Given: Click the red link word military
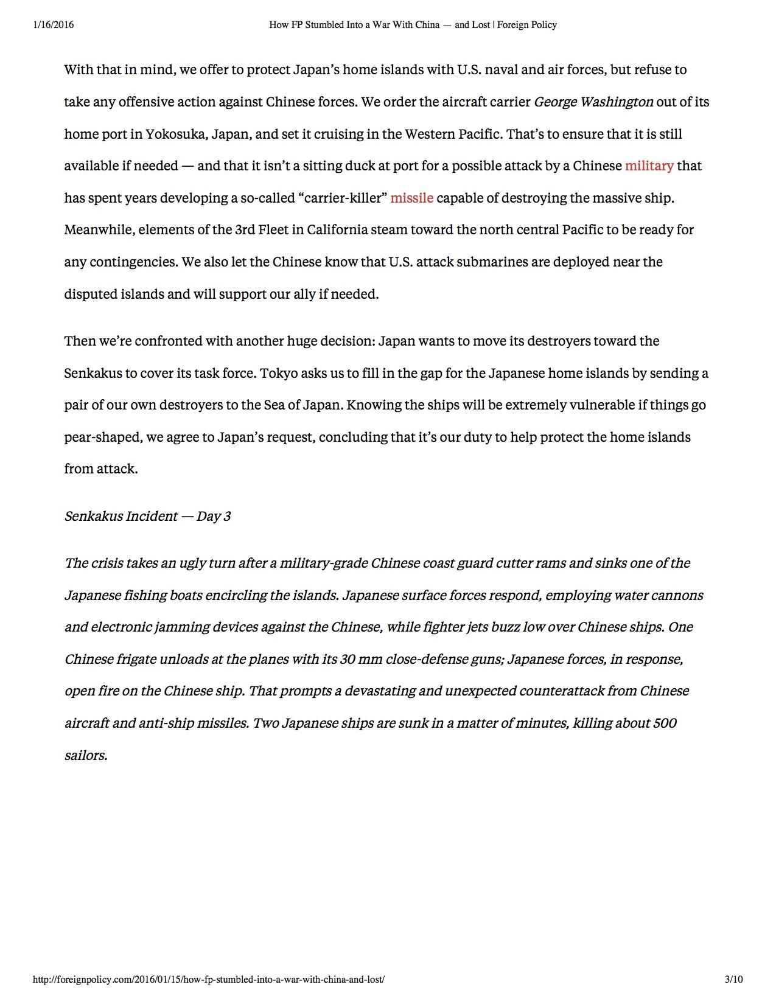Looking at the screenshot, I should click(649, 166).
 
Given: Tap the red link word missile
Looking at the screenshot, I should click(411, 198).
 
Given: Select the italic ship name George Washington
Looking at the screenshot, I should click(593, 102).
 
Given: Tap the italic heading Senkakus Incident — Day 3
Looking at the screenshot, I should click(147, 516).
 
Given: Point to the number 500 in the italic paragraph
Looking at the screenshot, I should click(664, 723).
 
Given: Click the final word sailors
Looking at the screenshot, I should click(86, 756).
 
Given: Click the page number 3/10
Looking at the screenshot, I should click(734, 979).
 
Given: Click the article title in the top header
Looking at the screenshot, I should click(413, 25).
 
